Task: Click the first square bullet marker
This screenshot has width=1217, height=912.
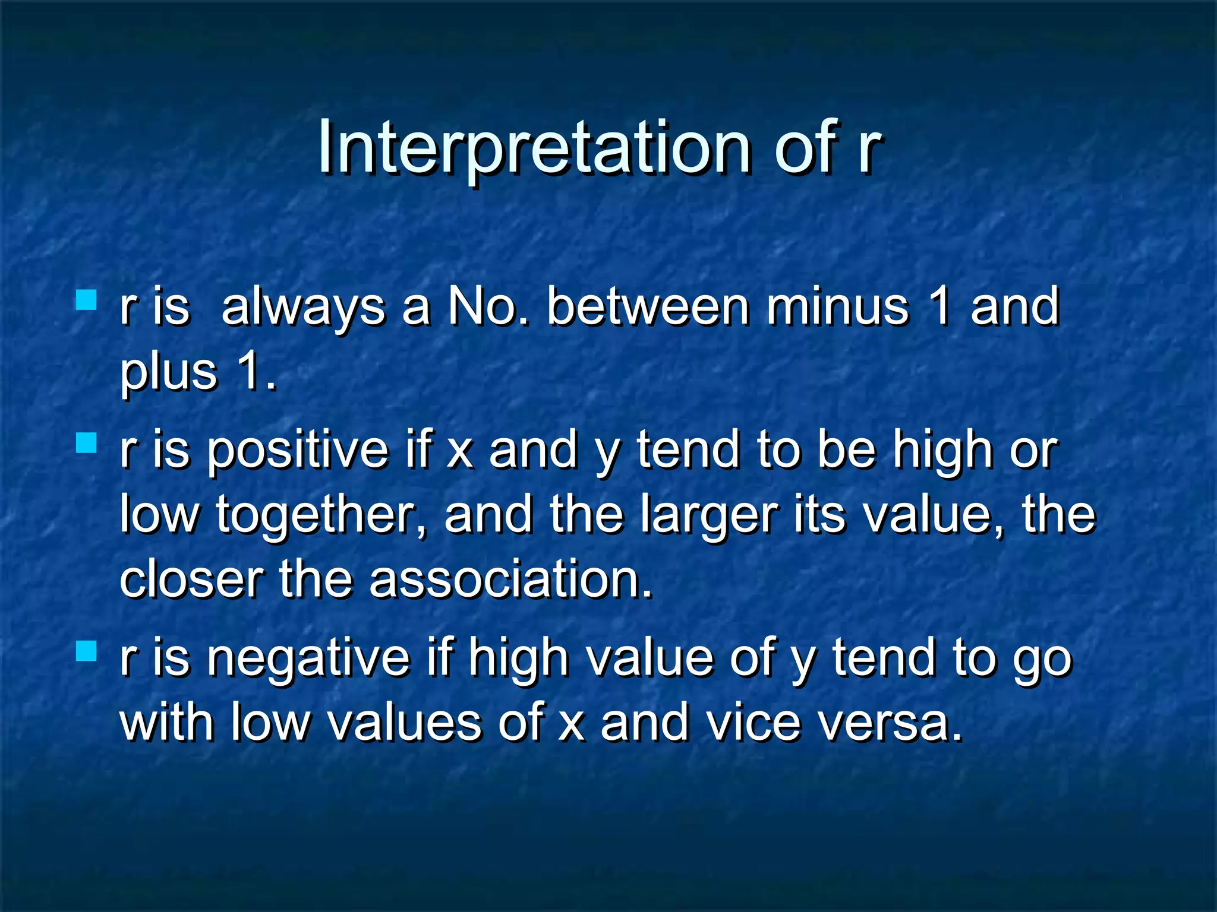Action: pyautogui.click(x=87, y=300)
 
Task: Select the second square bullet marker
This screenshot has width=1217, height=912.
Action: pyautogui.click(x=87, y=443)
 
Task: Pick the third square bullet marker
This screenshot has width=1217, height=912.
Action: pyautogui.click(x=87, y=651)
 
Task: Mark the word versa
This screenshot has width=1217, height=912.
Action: pyautogui.click(x=890, y=723)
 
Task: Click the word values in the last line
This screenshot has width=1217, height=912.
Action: pyautogui.click(x=405, y=723)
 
